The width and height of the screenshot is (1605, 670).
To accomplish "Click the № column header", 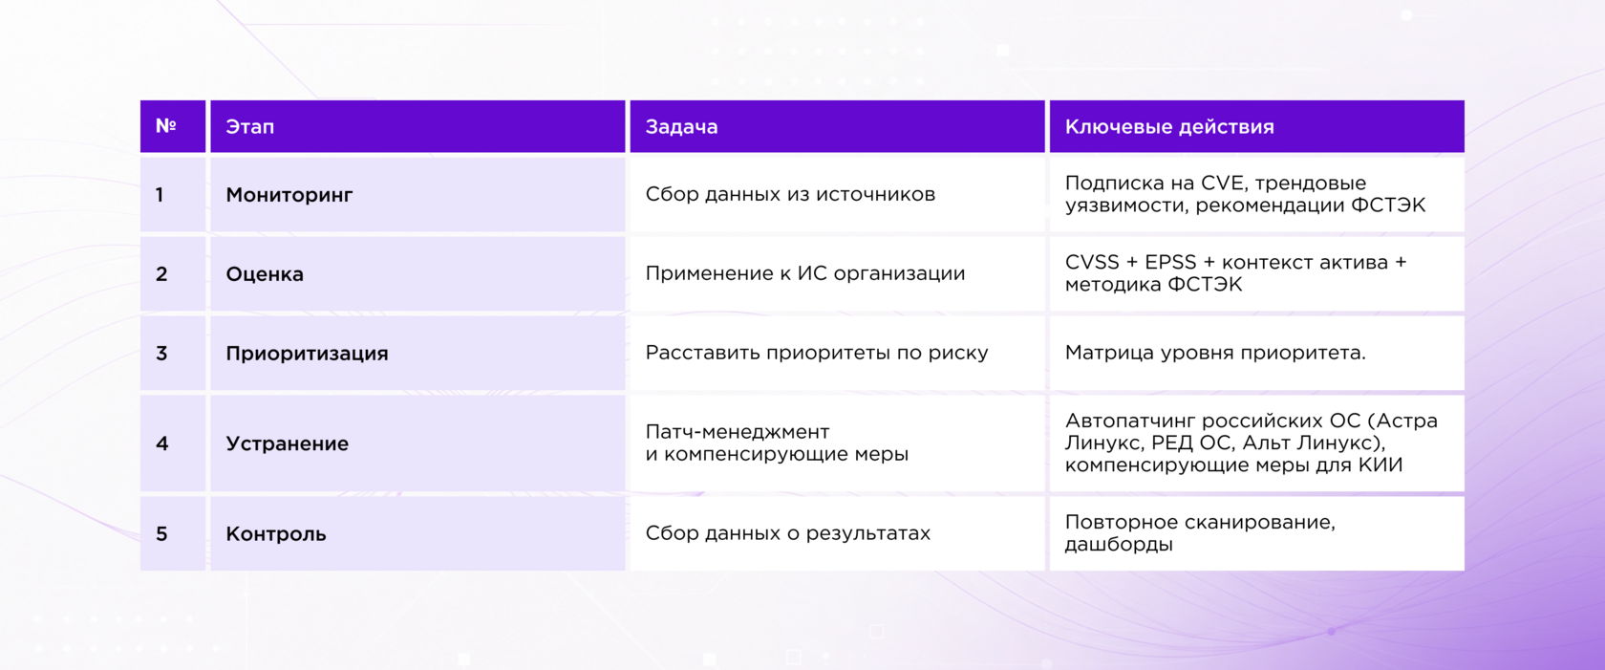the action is pyautogui.click(x=165, y=126).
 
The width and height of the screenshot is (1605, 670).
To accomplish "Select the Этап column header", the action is pyautogui.click(x=250, y=127).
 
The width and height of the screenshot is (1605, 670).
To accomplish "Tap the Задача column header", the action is pyautogui.click(x=681, y=127).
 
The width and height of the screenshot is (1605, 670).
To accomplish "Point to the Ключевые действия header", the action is pyautogui.click(x=1169, y=127).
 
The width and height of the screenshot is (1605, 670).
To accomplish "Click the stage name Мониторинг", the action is pyautogui.click(x=289, y=195).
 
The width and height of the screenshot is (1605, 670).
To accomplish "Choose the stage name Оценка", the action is pyautogui.click(x=265, y=273).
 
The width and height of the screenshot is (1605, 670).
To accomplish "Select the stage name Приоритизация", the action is pyautogui.click(x=307, y=354).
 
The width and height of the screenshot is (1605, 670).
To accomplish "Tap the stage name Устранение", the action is pyautogui.click(x=288, y=443).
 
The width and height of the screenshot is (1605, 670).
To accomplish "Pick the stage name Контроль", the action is pyautogui.click(x=276, y=534).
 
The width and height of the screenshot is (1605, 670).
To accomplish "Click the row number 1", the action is pyautogui.click(x=160, y=195).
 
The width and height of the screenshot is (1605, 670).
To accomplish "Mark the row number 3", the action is pyautogui.click(x=162, y=354).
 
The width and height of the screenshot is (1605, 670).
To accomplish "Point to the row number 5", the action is pyautogui.click(x=162, y=534).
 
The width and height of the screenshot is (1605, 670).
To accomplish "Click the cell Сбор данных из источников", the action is pyautogui.click(x=790, y=194).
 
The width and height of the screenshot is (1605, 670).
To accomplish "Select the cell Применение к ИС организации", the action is pyautogui.click(x=805, y=273).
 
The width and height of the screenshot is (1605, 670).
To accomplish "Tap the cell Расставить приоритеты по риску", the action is pyautogui.click(x=817, y=353).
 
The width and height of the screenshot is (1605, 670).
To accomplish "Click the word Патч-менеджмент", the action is pyautogui.click(x=738, y=432).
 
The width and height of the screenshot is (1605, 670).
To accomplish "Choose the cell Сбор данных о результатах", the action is pyautogui.click(x=788, y=533).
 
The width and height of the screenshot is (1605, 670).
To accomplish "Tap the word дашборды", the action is pyautogui.click(x=1119, y=545).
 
